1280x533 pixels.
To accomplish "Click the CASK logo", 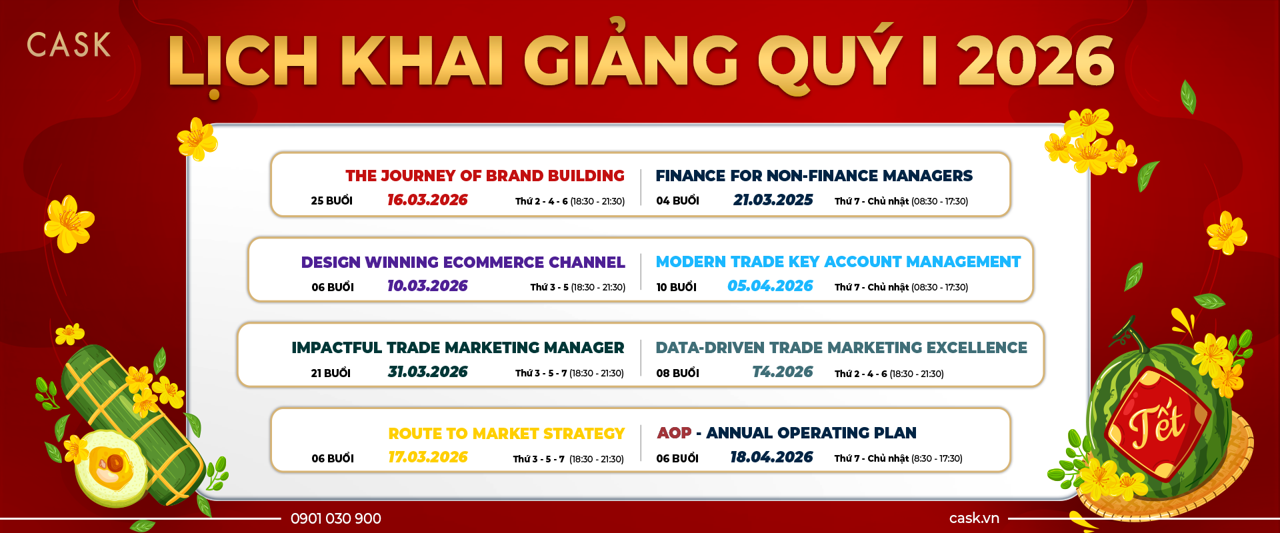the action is click(x=69, y=45).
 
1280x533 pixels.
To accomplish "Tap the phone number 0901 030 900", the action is click(x=336, y=518).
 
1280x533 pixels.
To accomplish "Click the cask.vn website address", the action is click(x=974, y=518).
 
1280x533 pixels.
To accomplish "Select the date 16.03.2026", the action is click(x=427, y=200).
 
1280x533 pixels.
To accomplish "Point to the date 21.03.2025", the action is click(x=773, y=200).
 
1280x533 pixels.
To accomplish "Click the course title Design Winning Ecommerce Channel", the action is click(x=463, y=263).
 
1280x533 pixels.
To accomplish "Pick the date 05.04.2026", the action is click(x=770, y=286).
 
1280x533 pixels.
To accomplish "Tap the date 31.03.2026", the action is click(x=427, y=372).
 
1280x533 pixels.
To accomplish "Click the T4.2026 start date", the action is click(x=782, y=372).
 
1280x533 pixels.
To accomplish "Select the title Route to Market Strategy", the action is click(x=506, y=434).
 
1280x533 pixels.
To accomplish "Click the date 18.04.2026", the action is click(x=771, y=457).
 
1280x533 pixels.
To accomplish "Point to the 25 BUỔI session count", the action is click(x=331, y=201).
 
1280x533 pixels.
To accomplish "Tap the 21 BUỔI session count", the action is click(x=331, y=373).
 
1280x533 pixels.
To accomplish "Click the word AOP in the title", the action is click(x=674, y=433).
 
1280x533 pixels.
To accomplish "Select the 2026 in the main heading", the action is click(x=1036, y=61).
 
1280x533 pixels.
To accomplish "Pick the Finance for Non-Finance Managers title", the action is click(x=814, y=176).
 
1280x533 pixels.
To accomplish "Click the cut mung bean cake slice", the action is click(x=111, y=467).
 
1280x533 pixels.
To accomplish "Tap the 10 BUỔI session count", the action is click(x=676, y=287).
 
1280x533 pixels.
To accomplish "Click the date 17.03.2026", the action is click(x=427, y=457).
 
